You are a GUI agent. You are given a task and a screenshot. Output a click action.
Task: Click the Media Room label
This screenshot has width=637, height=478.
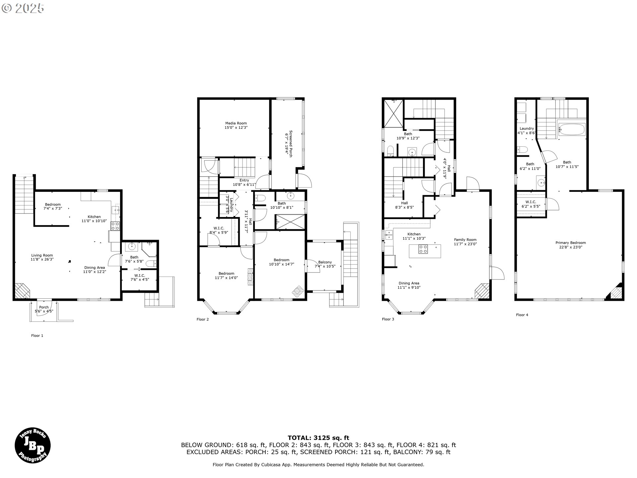coord(236,125)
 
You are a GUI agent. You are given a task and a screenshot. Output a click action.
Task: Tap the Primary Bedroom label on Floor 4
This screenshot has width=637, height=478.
coord(571,245)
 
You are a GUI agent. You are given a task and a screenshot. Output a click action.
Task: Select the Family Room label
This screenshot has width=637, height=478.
coord(465,242)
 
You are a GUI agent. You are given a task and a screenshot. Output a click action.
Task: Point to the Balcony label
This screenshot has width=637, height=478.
coord(325,264)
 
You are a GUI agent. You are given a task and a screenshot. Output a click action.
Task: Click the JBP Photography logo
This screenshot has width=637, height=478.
coord(33,445)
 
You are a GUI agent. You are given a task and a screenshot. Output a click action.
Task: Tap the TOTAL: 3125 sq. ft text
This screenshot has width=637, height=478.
coord(318,438)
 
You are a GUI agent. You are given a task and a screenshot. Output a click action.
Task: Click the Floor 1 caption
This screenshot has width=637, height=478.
coord(37,336)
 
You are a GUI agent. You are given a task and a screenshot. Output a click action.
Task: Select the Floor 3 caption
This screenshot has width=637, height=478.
coord(388,319)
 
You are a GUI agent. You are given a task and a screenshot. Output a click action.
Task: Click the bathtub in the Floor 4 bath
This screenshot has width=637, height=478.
coord(572,129)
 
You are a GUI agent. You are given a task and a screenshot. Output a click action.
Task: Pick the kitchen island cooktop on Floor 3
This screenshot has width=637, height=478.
coord(423,249)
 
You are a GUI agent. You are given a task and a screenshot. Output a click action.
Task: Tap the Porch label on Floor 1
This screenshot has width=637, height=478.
coord(44,309)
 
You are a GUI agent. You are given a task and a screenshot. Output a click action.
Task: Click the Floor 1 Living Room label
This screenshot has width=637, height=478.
coord(42,257)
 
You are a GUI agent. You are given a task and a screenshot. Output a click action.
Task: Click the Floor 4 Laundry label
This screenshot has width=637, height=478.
coord(527,130)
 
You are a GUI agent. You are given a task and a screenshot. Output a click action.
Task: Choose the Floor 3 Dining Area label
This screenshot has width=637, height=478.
coord(409,285)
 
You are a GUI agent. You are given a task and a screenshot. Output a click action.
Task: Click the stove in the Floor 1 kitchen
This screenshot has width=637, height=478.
coord(115,226)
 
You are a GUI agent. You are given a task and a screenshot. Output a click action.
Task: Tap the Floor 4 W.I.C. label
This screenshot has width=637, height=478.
coord(531,204)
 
